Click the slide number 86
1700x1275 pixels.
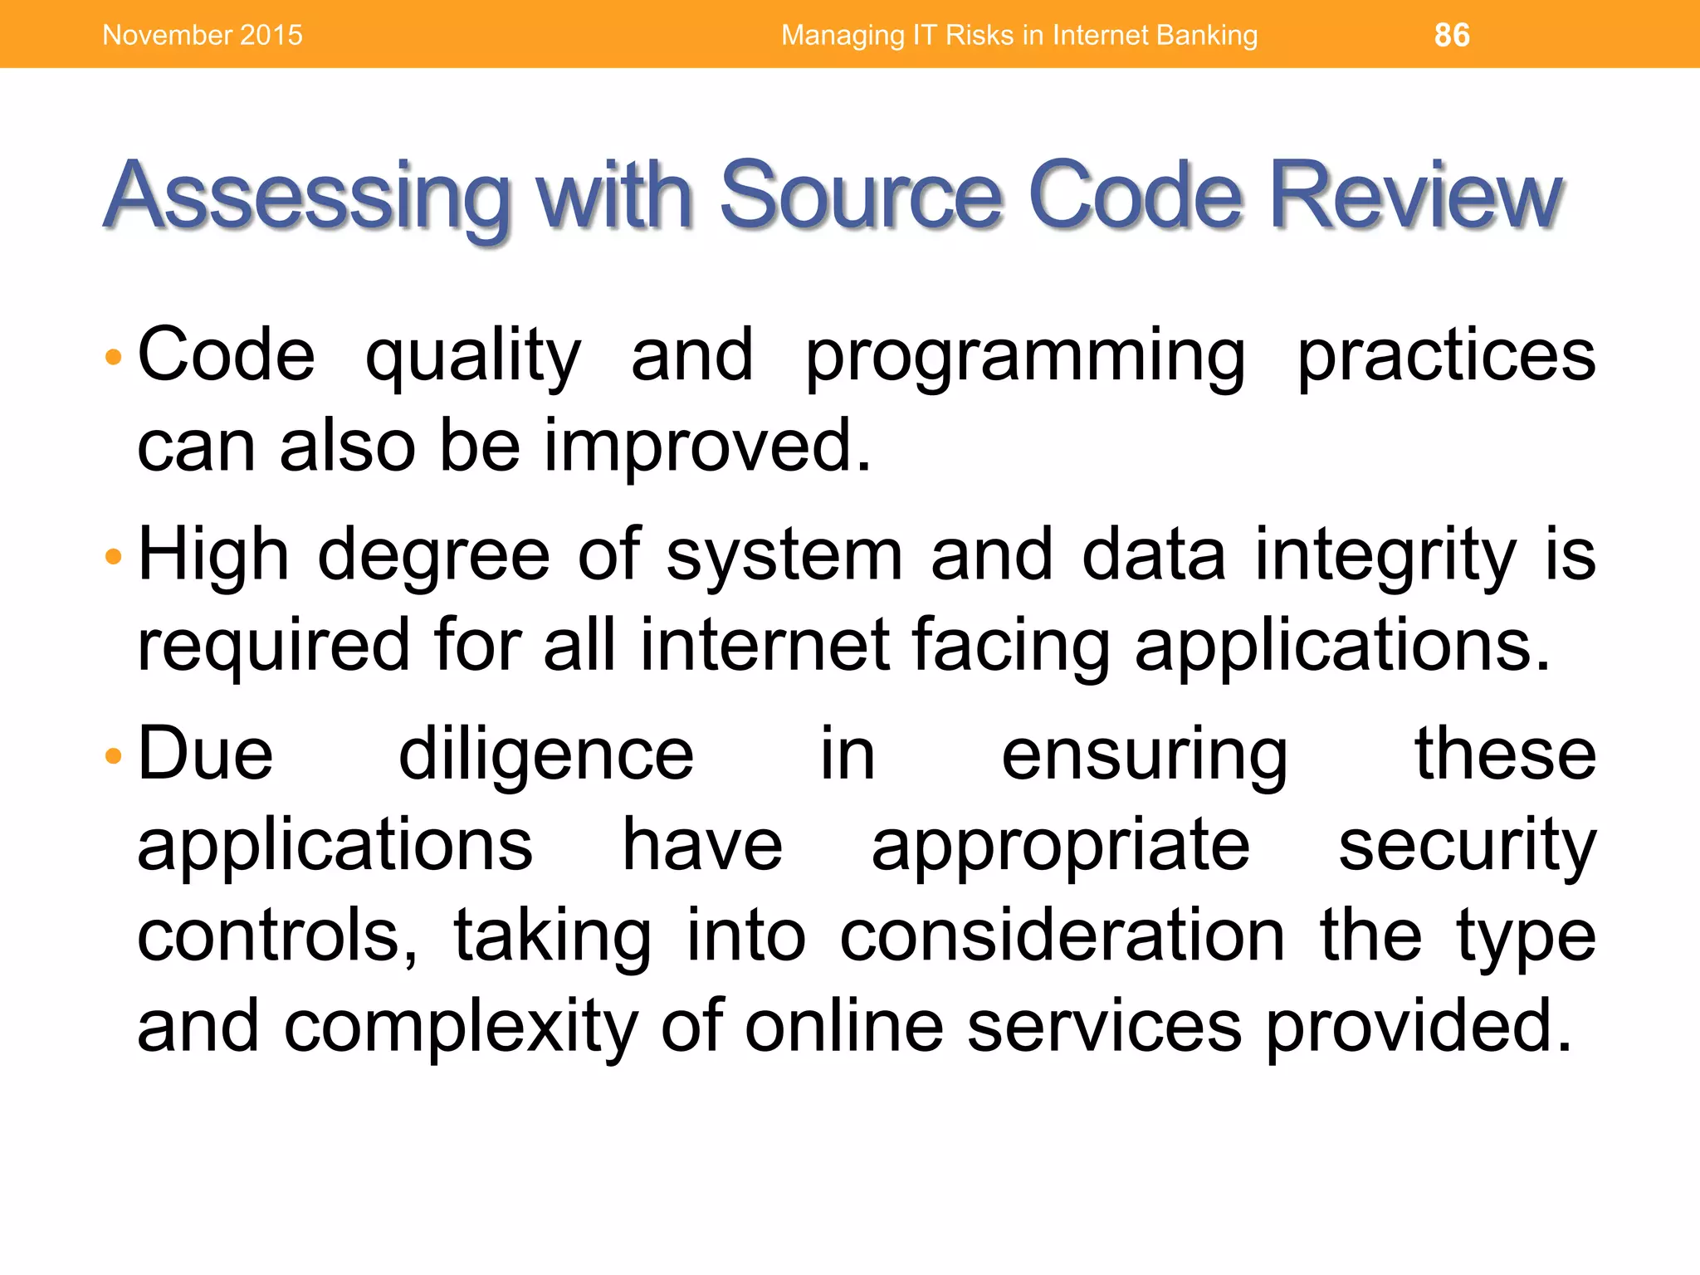pos(1452,35)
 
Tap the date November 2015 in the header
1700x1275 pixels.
pos(203,35)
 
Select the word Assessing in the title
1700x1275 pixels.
pos(307,197)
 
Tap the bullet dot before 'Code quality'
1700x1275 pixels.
pos(114,358)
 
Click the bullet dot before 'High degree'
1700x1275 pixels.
pos(114,557)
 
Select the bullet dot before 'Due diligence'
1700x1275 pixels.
pos(114,756)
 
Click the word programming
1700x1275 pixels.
pos(1025,357)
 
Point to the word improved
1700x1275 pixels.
pos(707,447)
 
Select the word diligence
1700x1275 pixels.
pos(545,755)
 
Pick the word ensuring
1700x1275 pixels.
pos(1145,755)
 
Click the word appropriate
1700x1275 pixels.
pos(1060,847)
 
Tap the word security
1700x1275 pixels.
pos(1467,847)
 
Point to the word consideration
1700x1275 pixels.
pos(1062,936)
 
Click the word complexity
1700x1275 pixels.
pos(461,1027)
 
